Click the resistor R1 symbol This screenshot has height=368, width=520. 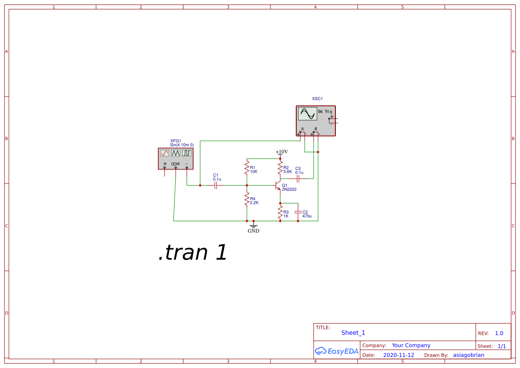point(246,168)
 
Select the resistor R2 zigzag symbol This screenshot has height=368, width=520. point(280,169)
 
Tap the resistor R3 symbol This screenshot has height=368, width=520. point(280,212)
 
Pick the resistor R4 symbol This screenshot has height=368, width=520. point(246,199)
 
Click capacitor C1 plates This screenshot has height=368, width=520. point(216,185)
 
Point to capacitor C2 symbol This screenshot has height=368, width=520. point(298,212)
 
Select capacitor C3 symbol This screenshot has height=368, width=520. point(298,178)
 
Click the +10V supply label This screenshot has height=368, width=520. point(282,152)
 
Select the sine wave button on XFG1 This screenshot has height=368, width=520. point(165,153)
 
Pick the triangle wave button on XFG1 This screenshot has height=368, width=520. point(176,153)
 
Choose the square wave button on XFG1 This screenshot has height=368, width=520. point(187,153)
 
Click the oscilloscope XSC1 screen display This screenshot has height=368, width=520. point(307,113)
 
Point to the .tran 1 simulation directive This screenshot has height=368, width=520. point(193,252)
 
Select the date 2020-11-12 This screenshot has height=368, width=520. point(399,355)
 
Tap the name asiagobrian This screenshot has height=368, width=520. point(468,355)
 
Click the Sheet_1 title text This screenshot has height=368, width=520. point(353,333)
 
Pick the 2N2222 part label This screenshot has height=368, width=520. point(289,190)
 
